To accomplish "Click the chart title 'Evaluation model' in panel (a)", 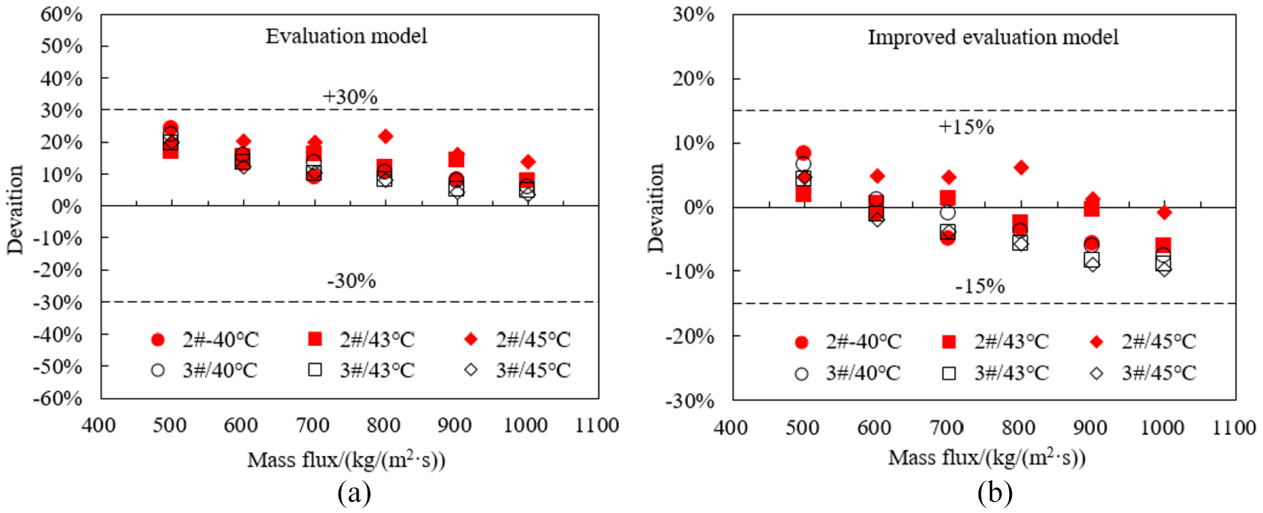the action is tap(346, 36).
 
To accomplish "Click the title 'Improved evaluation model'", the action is tap(993, 37).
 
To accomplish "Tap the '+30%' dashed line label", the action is tap(350, 97).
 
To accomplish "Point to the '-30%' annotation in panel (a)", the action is tap(351, 281).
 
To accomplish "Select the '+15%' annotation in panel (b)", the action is tap(966, 127).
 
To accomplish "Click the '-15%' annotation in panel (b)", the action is tap(980, 287).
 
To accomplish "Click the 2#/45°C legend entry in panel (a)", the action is tap(517, 339).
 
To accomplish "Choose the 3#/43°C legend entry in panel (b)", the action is tap(995, 373).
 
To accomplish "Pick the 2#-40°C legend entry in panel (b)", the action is tap(848, 341).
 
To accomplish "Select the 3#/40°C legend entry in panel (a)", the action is tap(204, 370).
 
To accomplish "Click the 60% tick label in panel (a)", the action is tap(62, 14).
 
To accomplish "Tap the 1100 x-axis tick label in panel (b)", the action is tap(1234, 428).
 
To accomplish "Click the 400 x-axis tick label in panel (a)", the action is tap(99, 425).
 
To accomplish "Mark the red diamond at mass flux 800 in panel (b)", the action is tap(1020, 168).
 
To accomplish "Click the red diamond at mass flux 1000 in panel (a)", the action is tap(528, 162).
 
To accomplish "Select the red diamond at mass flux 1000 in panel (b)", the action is tap(1164, 212).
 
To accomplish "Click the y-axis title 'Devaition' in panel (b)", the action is tap(656, 208).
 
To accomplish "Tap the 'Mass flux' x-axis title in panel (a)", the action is tap(346, 460).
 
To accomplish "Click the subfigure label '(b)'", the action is tap(995, 492).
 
